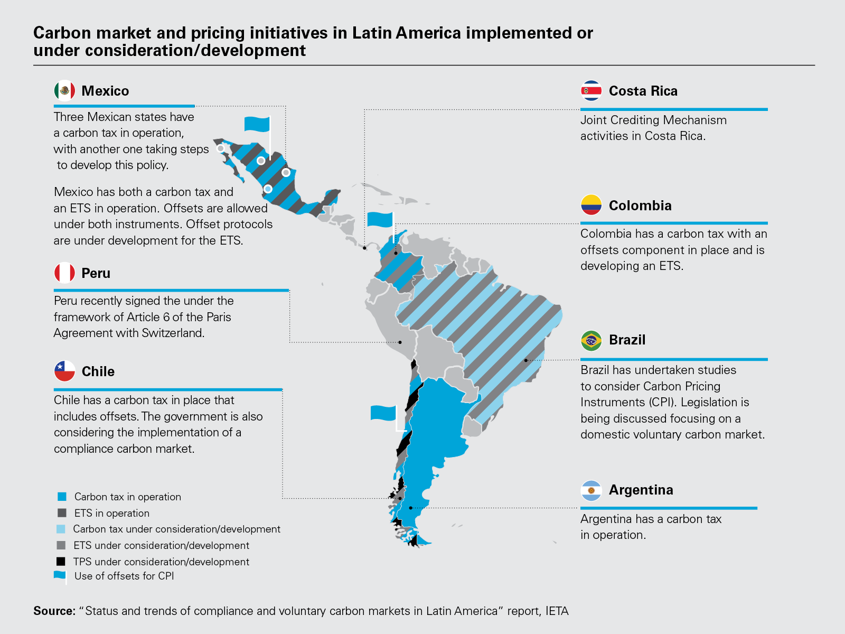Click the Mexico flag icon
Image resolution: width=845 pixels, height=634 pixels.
pos(64,91)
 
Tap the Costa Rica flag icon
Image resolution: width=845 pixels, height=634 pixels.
pos(591,91)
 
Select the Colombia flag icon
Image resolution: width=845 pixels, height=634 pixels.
pos(591,205)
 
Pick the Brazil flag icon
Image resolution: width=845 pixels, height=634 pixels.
pos(591,341)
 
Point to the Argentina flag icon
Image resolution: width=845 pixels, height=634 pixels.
pos(591,490)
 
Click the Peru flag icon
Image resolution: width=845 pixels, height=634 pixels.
pos(64,273)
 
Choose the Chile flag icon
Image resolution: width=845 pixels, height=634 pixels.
pos(64,371)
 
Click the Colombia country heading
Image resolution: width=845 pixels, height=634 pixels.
pos(640,206)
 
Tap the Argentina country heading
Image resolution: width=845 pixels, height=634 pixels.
pos(641,490)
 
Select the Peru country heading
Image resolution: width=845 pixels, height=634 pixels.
pos(96,273)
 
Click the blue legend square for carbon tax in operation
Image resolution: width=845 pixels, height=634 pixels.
pos(62,497)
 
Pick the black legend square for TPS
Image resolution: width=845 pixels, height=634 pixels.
pos(61,562)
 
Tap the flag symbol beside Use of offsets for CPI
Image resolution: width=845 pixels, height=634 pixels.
pos(60,576)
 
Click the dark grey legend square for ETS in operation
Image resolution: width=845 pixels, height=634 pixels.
pos(62,513)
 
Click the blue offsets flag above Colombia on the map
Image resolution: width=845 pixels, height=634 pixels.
pos(380,219)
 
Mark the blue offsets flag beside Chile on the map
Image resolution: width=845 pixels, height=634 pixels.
pos(383,413)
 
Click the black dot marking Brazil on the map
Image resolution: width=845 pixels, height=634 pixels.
pos(526,360)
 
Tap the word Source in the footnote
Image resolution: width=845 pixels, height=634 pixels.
pos(54,611)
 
